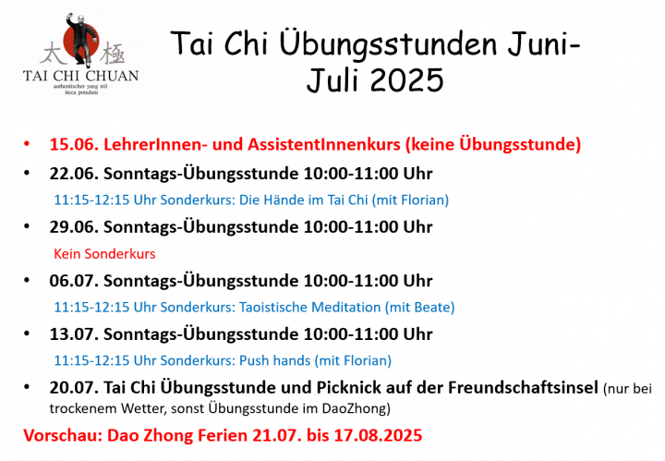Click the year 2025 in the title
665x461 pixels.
(x=407, y=79)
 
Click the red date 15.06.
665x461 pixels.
(x=74, y=145)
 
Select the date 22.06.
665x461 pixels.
(x=74, y=174)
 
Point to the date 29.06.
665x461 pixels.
(x=74, y=227)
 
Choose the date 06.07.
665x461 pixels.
(x=74, y=281)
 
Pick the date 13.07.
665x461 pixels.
(x=74, y=334)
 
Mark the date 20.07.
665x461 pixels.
(x=74, y=388)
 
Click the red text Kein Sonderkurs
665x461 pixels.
(x=104, y=254)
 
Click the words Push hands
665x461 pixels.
(x=275, y=360)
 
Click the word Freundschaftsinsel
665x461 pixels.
(x=523, y=388)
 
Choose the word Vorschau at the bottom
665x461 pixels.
(x=63, y=435)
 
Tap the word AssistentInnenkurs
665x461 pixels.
(x=324, y=145)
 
